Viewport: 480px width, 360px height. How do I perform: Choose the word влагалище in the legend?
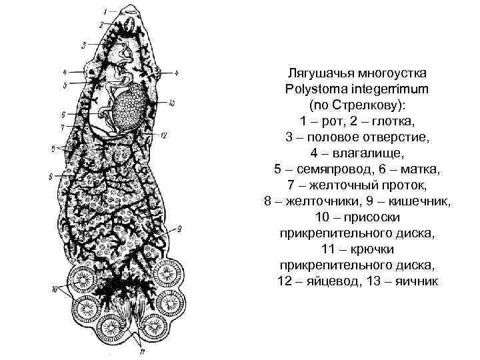click(374, 153)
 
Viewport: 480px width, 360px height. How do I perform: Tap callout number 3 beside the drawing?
click(84, 45)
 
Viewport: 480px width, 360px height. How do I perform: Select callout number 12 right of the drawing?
click(165, 135)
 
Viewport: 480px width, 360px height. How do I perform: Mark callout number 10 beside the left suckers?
click(55, 289)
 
